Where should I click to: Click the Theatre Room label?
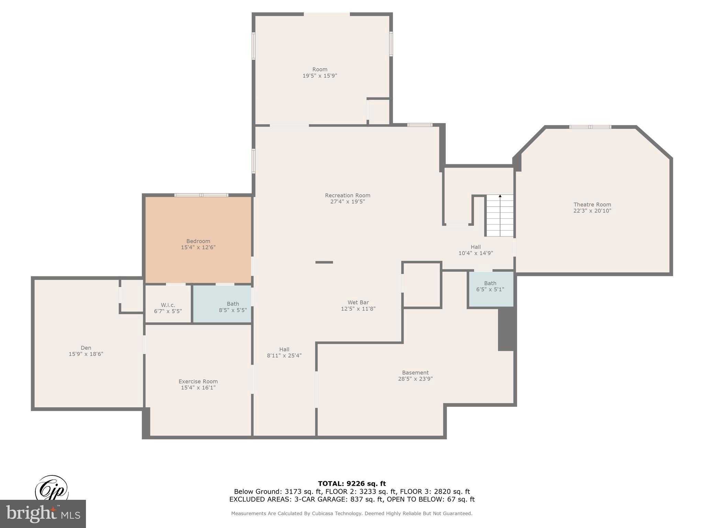pos(592,205)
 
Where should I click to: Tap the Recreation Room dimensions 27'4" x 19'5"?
pos(348,202)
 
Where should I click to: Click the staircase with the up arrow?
pos(499,216)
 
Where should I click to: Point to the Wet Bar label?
pos(358,302)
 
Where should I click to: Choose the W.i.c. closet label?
pos(168,305)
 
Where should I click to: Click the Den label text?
pos(86,348)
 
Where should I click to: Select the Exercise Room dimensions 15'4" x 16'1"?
pos(198,388)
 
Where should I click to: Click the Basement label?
pos(415,373)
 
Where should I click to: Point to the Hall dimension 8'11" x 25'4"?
pos(284,356)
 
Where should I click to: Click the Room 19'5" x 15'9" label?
pos(320,73)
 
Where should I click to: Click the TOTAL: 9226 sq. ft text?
pos(352,484)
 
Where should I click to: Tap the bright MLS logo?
pos(43,514)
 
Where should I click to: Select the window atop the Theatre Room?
pos(590,127)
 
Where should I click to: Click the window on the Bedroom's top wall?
pos(201,195)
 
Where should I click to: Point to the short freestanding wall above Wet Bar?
pos(324,262)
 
